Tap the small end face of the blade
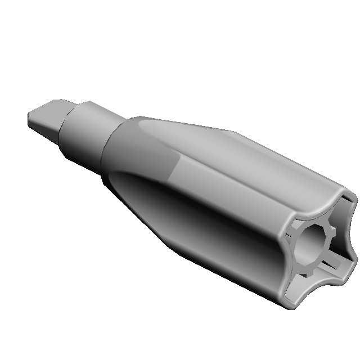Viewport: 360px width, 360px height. point(31,120)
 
